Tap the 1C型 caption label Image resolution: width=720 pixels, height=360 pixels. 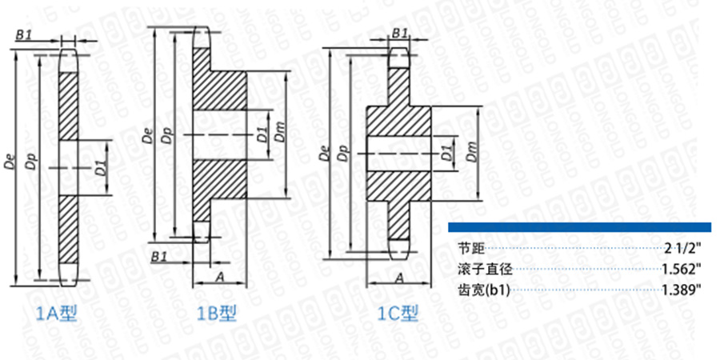[x=398, y=313]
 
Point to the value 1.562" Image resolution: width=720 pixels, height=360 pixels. [x=682, y=270]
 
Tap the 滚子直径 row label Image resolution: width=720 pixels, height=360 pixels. [x=478, y=270]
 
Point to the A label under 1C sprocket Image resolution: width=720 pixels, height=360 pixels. [x=398, y=277]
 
